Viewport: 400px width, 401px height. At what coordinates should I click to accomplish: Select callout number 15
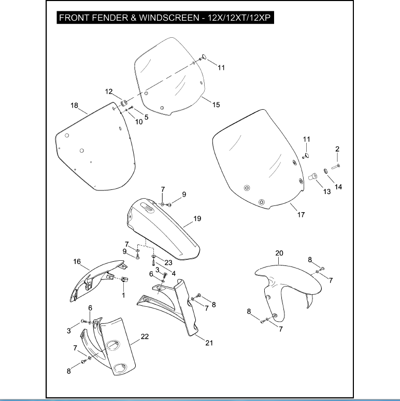(216, 105)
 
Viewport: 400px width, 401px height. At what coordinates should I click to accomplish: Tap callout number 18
(74, 106)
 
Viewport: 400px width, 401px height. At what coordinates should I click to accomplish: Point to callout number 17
(301, 215)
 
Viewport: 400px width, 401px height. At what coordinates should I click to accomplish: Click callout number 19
(197, 219)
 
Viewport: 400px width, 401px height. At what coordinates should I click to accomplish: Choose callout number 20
(279, 253)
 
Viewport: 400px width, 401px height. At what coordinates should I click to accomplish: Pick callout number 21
(209, 343)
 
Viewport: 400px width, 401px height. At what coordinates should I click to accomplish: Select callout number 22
(145, 336)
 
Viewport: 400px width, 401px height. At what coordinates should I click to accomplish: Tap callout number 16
(77, 262)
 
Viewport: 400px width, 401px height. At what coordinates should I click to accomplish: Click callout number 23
(168, 263)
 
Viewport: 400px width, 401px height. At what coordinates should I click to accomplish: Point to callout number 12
(109, 92)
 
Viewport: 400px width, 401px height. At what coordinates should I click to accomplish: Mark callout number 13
(327, 191)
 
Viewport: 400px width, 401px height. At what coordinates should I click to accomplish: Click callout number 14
(338, 187)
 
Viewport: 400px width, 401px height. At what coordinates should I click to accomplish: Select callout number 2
(337, 149)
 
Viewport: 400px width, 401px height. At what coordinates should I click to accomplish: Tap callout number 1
(123, 295)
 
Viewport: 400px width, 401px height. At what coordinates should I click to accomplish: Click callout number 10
(139, 122)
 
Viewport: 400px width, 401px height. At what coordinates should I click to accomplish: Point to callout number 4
(174, 274)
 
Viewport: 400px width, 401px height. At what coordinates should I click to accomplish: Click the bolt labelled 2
(336, 167)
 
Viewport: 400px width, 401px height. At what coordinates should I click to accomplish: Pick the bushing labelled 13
(312, 177)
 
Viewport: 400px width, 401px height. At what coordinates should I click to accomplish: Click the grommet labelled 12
(124, 103)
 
